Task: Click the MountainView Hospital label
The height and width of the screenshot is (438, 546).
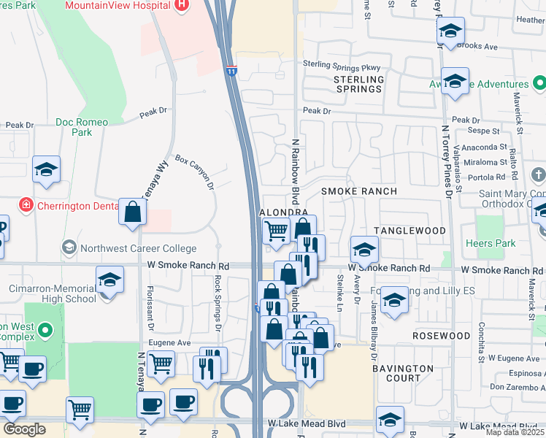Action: pos(118,5)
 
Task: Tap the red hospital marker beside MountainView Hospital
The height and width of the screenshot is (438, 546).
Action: pos(182,4)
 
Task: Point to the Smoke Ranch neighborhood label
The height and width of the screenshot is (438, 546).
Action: pos(359,191)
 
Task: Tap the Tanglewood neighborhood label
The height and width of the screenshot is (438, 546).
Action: pos(409,231)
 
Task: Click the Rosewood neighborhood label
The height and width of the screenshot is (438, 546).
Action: pos(441,336)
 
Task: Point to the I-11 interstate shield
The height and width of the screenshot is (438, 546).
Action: pos(231,72)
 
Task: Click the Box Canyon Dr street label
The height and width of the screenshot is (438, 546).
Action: pos(194,172)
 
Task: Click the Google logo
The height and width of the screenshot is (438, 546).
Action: pos(24,429)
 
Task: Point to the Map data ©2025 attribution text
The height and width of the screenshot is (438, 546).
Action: pos(515,432)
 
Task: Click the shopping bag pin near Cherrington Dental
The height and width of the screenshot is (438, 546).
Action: pos(134,212)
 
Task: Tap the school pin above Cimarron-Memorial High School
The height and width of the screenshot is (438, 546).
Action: pos(109,281)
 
